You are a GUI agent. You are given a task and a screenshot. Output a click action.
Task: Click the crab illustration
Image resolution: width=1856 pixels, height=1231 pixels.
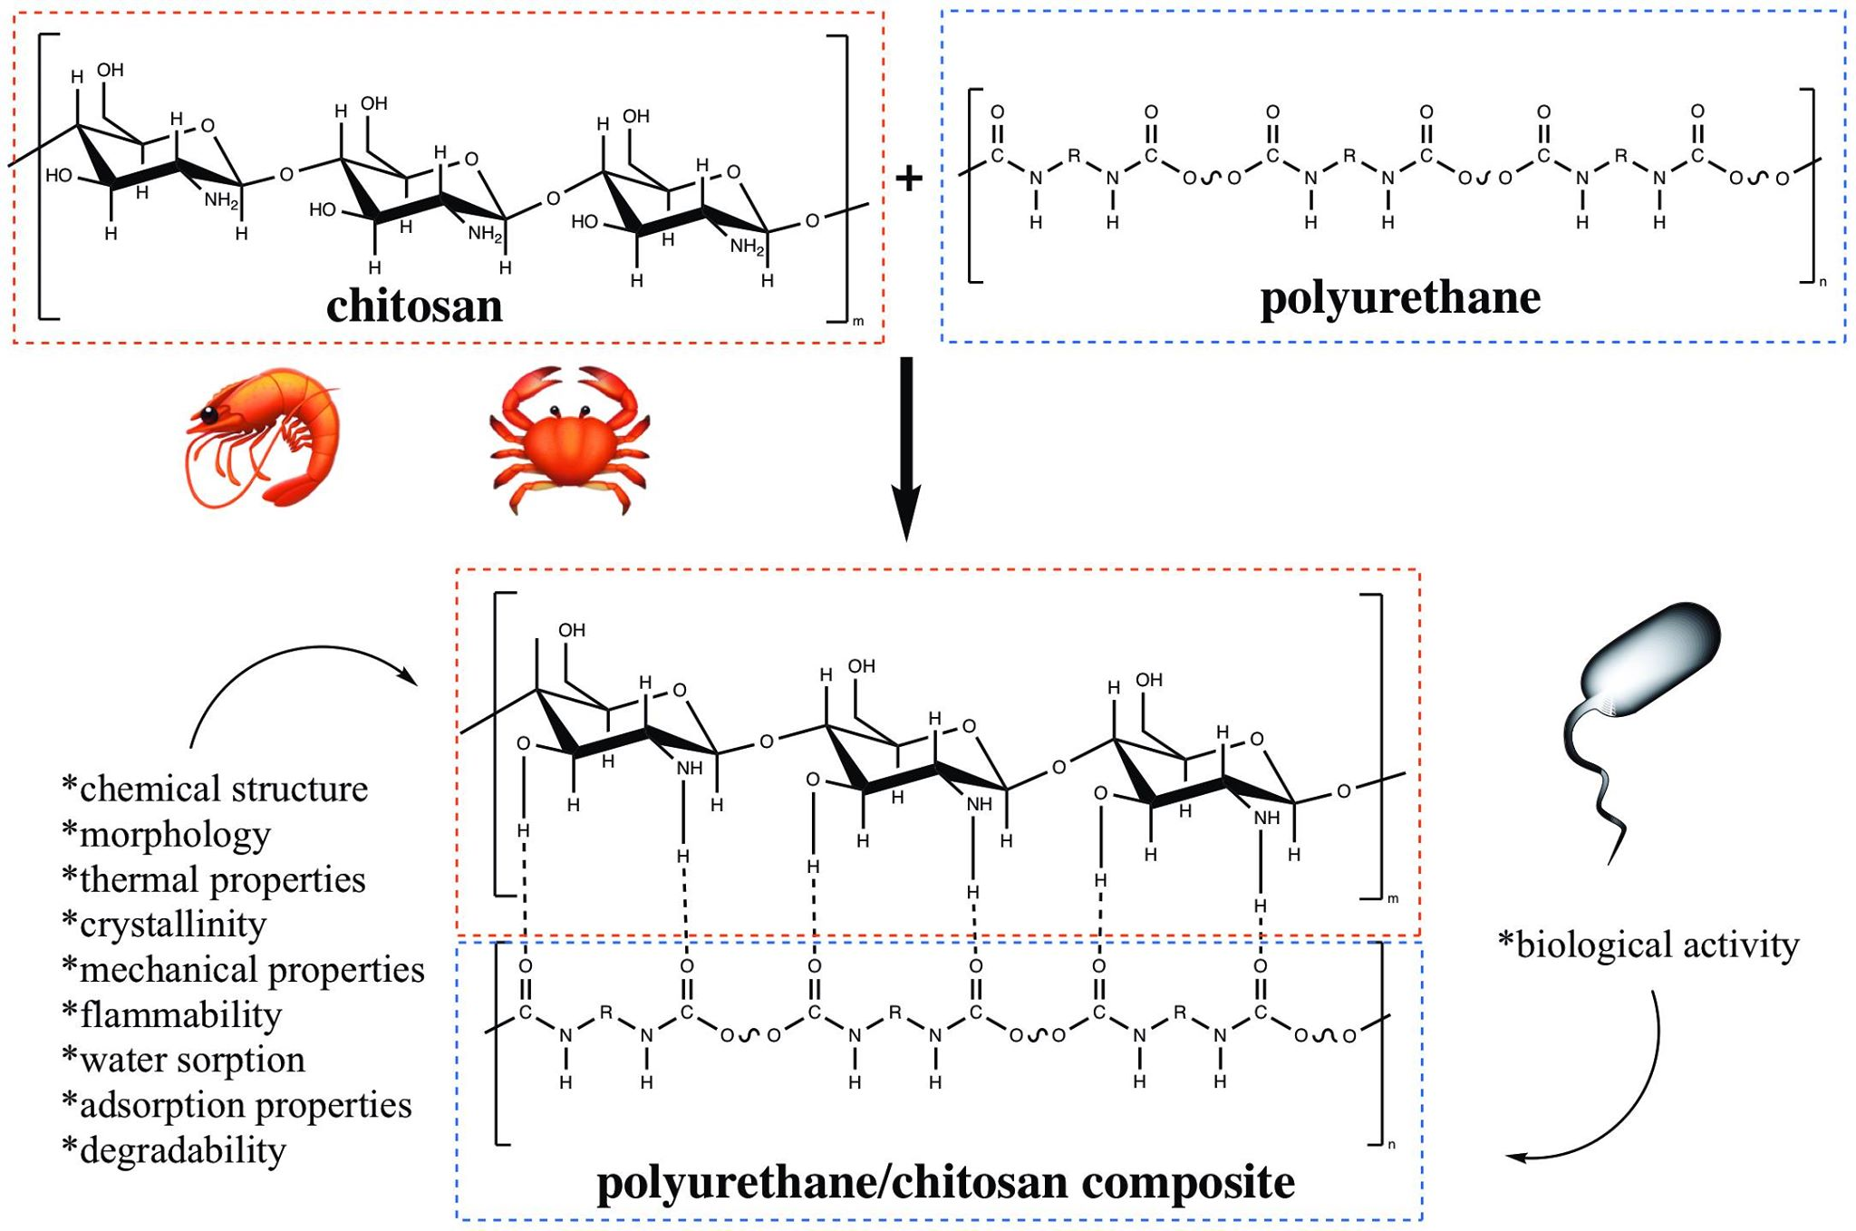click(569, 440)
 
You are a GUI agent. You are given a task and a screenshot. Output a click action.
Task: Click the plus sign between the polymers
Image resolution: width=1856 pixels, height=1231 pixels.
click(908, 178)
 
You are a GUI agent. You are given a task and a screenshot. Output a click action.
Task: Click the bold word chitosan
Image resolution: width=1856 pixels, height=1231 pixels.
click(414, 306)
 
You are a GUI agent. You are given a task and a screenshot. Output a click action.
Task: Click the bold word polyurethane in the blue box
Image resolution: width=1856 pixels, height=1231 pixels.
click(1400, 298)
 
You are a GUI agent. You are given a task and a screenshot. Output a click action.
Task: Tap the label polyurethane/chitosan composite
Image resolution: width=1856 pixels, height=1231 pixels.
click(945, 1182)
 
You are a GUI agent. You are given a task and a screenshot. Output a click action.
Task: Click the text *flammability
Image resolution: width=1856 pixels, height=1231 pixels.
click(172, 1014)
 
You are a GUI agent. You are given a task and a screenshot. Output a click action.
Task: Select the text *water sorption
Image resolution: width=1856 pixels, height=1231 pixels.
click(184, 1060)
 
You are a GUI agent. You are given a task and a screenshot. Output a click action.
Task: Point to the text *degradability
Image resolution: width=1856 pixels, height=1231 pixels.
click(174, 1150)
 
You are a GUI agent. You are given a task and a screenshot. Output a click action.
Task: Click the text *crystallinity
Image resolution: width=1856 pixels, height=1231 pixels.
click(165, 925)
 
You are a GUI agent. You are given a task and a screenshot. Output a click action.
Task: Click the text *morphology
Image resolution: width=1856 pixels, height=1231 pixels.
click(167, 834)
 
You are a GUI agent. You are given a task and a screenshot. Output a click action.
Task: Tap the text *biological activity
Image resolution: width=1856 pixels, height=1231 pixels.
click(1648, 945)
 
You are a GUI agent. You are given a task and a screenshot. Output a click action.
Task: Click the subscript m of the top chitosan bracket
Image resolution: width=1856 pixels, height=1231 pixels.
click(858, 322)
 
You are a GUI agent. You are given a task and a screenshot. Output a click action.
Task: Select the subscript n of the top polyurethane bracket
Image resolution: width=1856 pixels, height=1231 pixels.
click(1822, 282)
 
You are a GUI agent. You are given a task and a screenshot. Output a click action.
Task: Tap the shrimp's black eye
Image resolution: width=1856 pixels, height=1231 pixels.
click(209, 416)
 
